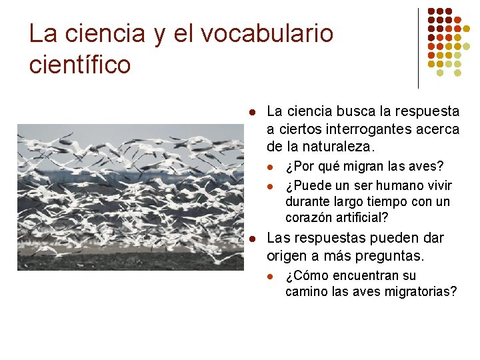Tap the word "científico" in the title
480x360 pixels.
pyautogui.click(x=80, y=65)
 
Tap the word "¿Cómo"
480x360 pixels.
pyautogui.click(x=304, y=275)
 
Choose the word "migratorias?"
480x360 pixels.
pyautogui.click(x=421, y=291)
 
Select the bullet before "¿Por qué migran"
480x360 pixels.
pyautogui.click(x=271, y=166)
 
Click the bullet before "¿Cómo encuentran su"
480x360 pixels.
pyautogui.click(x=271, y=276)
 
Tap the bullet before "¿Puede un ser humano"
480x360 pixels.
pyautogui.click(x=271, y=185)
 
